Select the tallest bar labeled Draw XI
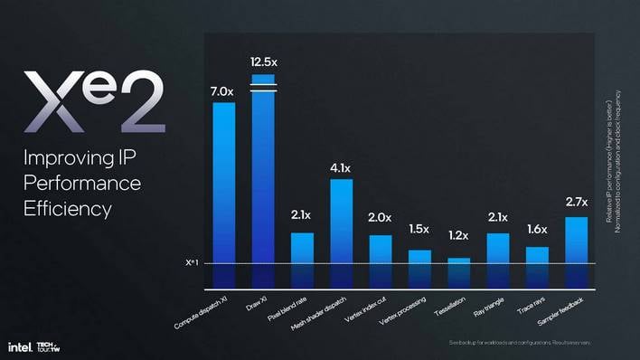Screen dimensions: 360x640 (263, 181)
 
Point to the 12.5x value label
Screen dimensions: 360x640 (263, 61)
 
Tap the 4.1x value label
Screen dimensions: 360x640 (341, 167)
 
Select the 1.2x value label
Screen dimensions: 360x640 (459, 236)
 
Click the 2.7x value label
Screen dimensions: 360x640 (577, 202)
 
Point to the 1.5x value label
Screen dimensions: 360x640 (419, 229)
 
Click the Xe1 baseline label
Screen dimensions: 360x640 (191, 263)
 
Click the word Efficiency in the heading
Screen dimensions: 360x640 (68, 209)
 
